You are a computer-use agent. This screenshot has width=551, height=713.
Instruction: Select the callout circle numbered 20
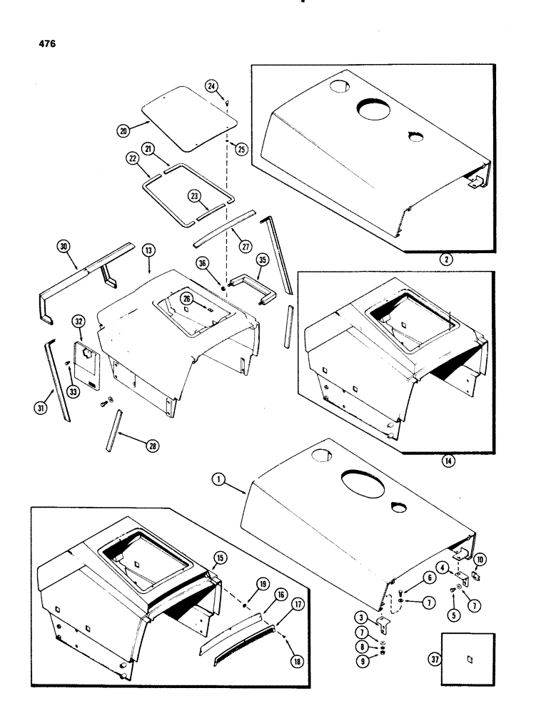click(126, 131)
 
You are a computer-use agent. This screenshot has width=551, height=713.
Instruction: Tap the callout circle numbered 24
click(192, 87)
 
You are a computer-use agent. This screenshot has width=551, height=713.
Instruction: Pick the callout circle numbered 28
click(152, 446)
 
